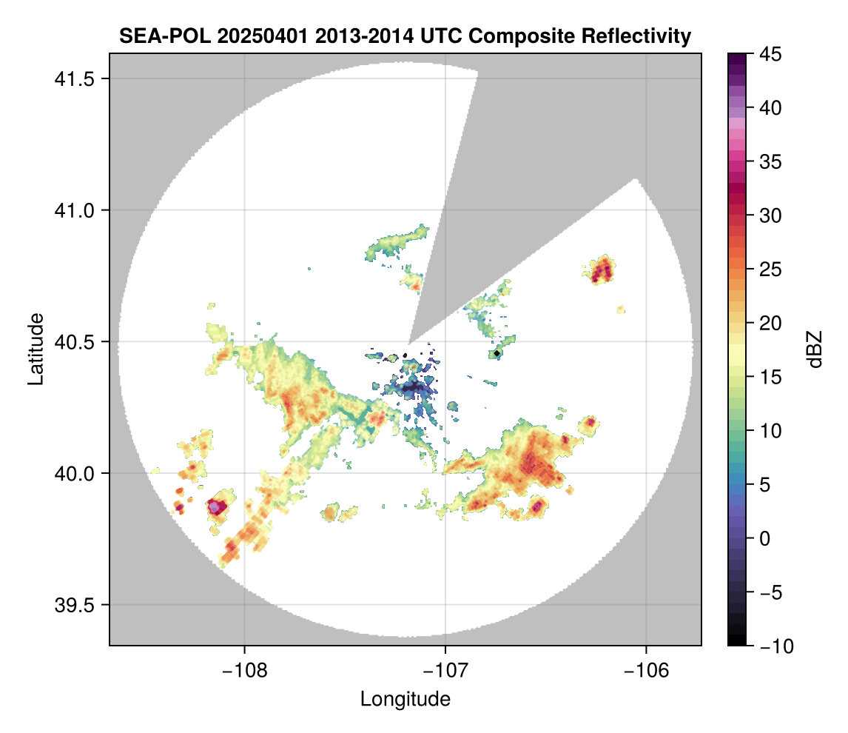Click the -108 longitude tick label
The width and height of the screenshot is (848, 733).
(244, 669)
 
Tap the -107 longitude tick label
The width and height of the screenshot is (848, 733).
(445, 669)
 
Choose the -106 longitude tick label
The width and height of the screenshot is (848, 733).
(647, 669)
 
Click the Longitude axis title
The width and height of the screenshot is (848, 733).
(405, 699)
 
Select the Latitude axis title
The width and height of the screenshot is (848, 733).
(34, 349)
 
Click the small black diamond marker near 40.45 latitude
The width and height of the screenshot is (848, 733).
(497, 354)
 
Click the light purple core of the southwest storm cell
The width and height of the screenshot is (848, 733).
(215, 507)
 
